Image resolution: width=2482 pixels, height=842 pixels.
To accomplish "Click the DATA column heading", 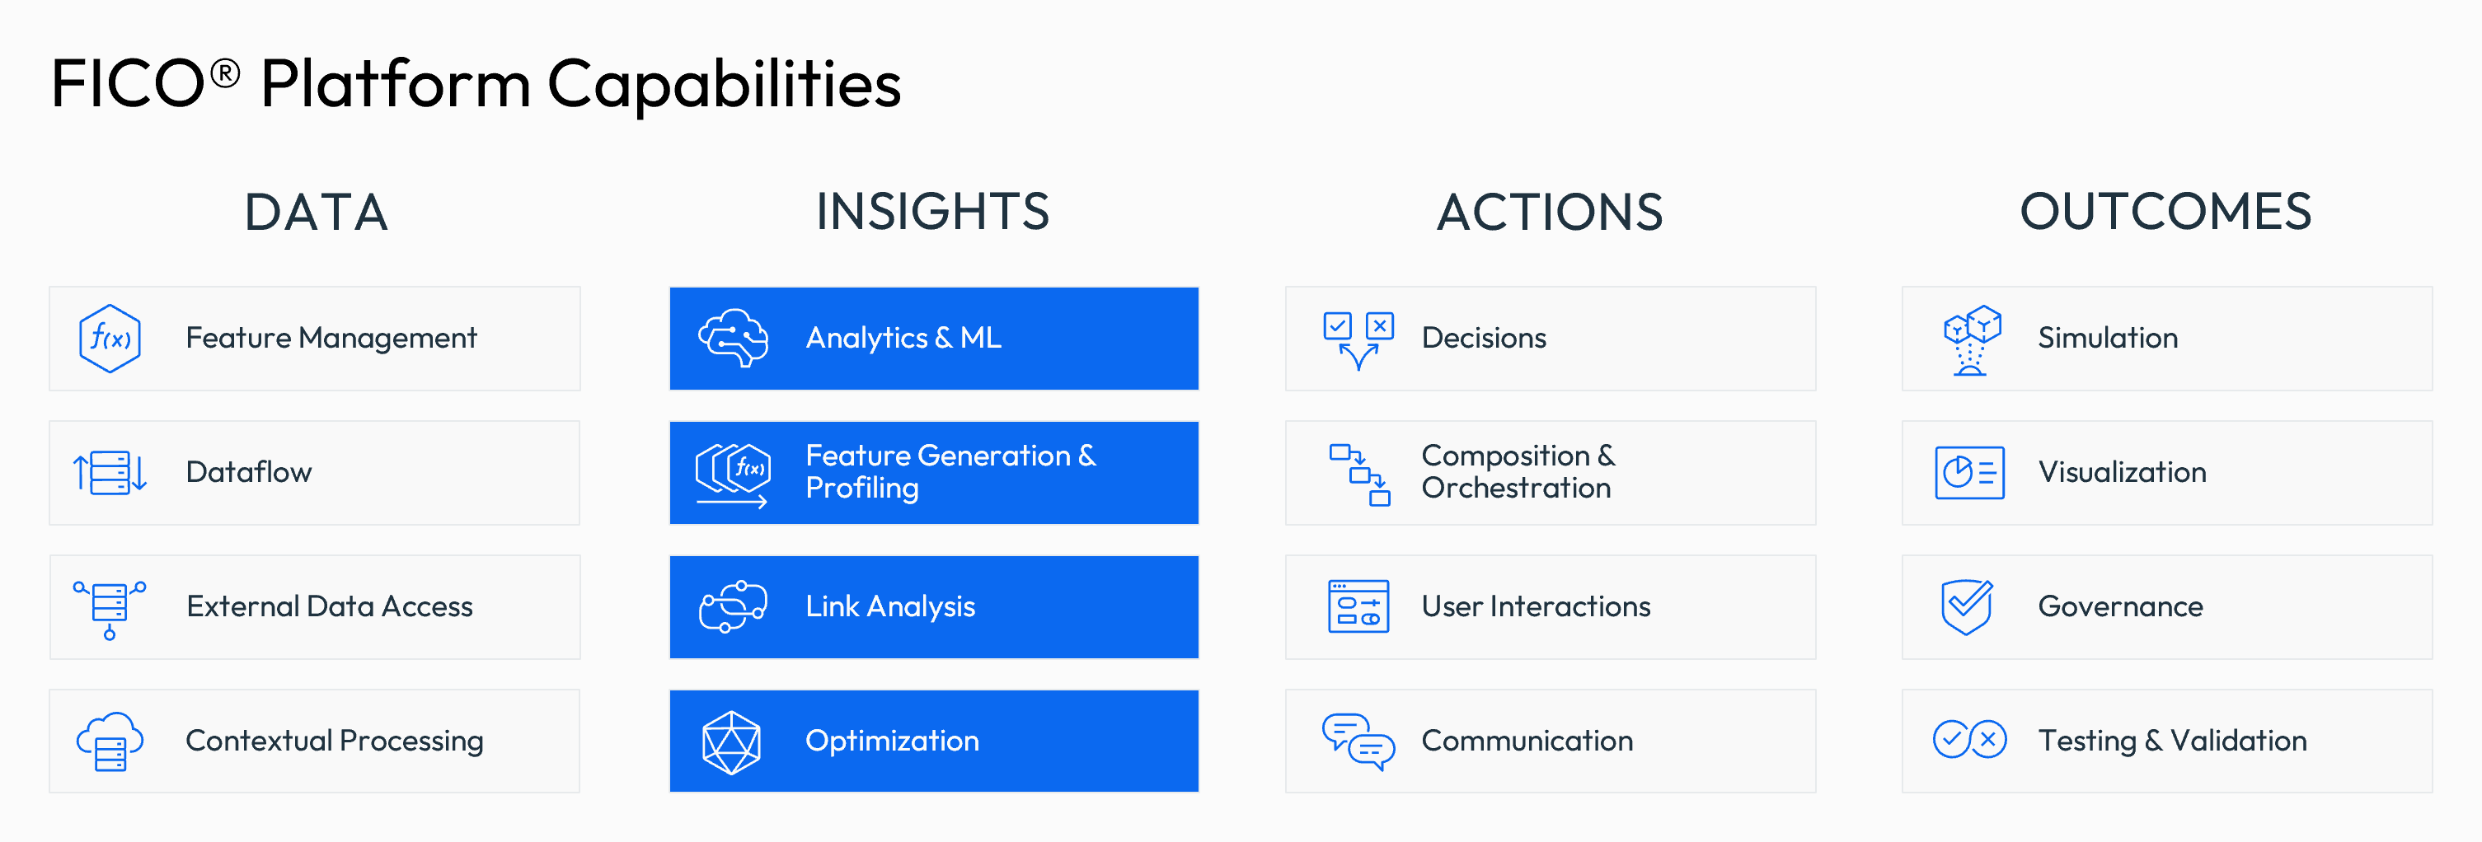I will [x=316, y=212].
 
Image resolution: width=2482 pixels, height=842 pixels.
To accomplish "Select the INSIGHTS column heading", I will [x=931, y=212].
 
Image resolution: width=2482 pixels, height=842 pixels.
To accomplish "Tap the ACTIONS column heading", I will [x=1550, y=212].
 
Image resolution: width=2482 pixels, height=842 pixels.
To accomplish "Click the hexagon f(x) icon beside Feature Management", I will [x=110, y=338].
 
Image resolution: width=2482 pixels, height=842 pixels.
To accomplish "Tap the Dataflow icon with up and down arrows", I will [x=110, y=473].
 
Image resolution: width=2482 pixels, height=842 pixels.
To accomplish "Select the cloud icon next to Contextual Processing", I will [x=110, y=741].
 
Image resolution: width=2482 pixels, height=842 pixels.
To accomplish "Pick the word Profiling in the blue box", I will [x=861, y=489].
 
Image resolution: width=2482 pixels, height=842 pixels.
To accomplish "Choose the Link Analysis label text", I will [x=890, y=607].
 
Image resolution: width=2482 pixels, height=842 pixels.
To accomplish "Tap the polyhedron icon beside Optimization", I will [x=731, y=741].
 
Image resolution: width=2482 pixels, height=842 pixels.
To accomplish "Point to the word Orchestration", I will [x=1516, y=489].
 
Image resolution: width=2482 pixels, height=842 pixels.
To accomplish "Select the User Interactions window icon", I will [x=1358, y=607].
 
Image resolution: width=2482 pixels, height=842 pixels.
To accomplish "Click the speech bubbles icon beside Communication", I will [x=1358, y=741].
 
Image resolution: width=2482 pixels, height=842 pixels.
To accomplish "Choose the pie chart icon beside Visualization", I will [x=1969, y=473].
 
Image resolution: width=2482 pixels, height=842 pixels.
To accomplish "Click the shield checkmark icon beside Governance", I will [x=1967, y=607].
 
